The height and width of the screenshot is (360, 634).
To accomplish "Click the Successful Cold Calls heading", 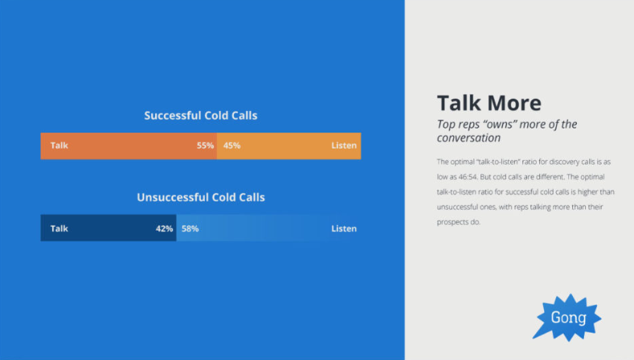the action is pyautogui.click(x=201, y=116).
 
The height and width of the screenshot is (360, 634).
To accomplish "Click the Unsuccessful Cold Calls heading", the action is pyautogui.click(x=201, y=198).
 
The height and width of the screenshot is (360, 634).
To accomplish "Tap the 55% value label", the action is pyautogui.click(x=205, y=145).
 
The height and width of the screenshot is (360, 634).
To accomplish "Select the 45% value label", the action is pyautogui.click(x=231, y=145).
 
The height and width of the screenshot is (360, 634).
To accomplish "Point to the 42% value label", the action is pyautogui.click(x=164, y=228).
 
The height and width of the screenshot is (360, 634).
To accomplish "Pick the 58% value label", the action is pyautogui.click(x=190, y=228).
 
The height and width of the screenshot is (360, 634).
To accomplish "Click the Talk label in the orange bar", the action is pyautogui.click(x=59, y=145).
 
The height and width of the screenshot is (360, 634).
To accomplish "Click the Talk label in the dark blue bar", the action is pyautogui.click(x=59, y=228).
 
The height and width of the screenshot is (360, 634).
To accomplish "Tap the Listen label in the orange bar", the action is pyautogui.click(x=344, y=145).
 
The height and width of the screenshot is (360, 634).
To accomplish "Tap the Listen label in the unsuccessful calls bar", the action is pyautogui.click(x=344, y=228).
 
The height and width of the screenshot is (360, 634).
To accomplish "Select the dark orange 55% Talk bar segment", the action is pyautogui.click(x=129, y=146).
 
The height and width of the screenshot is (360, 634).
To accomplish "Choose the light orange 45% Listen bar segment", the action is pyautogui.click(x=288, y=146).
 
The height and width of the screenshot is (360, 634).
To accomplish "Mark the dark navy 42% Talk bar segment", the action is pyautogui.click(x=108, y=228).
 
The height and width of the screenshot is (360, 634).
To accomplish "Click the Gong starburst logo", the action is pyautogui.click(x=567, y=318).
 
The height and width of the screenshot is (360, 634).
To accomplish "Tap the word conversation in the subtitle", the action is pyautogui.click(x=468, y=138).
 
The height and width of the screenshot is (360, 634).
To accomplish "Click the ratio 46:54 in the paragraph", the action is pyautogui.click(x=468, y=177).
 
